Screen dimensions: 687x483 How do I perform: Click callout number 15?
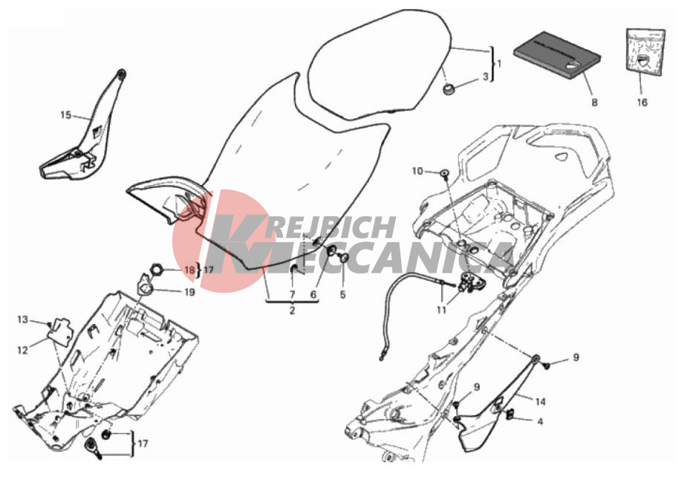click(x=65, y=115)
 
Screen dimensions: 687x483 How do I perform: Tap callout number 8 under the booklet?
click(x=595, y=103)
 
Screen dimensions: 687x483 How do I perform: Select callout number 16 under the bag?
click(x=642, y=103)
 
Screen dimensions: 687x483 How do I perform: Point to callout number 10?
click(x=417, y=171)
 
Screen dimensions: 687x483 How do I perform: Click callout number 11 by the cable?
click(x=442, y=310)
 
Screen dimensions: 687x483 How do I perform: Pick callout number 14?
click(x=541, y=401)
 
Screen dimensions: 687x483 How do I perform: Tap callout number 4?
click(x=540, y=421)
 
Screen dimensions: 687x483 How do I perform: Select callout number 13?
click(x=23, y=320)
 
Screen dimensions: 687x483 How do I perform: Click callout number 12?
click(x=23, y=350)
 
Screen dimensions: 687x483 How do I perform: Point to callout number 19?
click(x=189, y=292)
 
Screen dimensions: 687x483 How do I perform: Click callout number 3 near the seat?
click(x=486, y=77)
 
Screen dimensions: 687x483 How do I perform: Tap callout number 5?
click(x=342, y=294)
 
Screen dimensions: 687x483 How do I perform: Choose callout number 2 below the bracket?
click(x=292, y=311)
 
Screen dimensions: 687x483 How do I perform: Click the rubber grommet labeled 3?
click(x=449, y=89)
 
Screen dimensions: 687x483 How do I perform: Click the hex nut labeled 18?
click(x=157, y=270)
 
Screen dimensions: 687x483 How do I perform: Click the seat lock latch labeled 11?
click(x=469, y=282)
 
